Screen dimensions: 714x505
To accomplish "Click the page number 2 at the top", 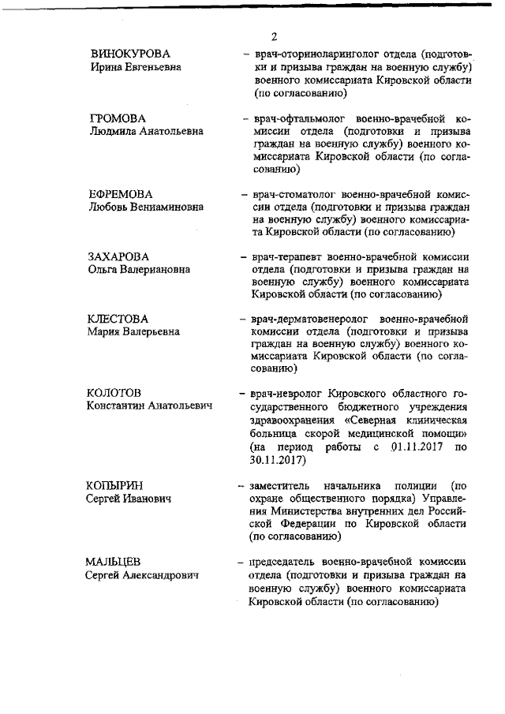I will tap(274, 37).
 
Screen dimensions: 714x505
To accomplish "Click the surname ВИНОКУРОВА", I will tap(131, 54).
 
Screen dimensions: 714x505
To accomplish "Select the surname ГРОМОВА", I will tap(118, 118).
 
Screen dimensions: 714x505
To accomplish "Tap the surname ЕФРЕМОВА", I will tap(120, 193).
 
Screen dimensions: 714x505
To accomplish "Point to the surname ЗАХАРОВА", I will tap(118, 256).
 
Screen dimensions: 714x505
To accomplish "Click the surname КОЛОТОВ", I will tap(114, 393).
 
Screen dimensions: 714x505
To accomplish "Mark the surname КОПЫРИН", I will tap(115, 484).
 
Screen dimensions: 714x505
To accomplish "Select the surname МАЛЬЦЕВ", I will tap(114, 561).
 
